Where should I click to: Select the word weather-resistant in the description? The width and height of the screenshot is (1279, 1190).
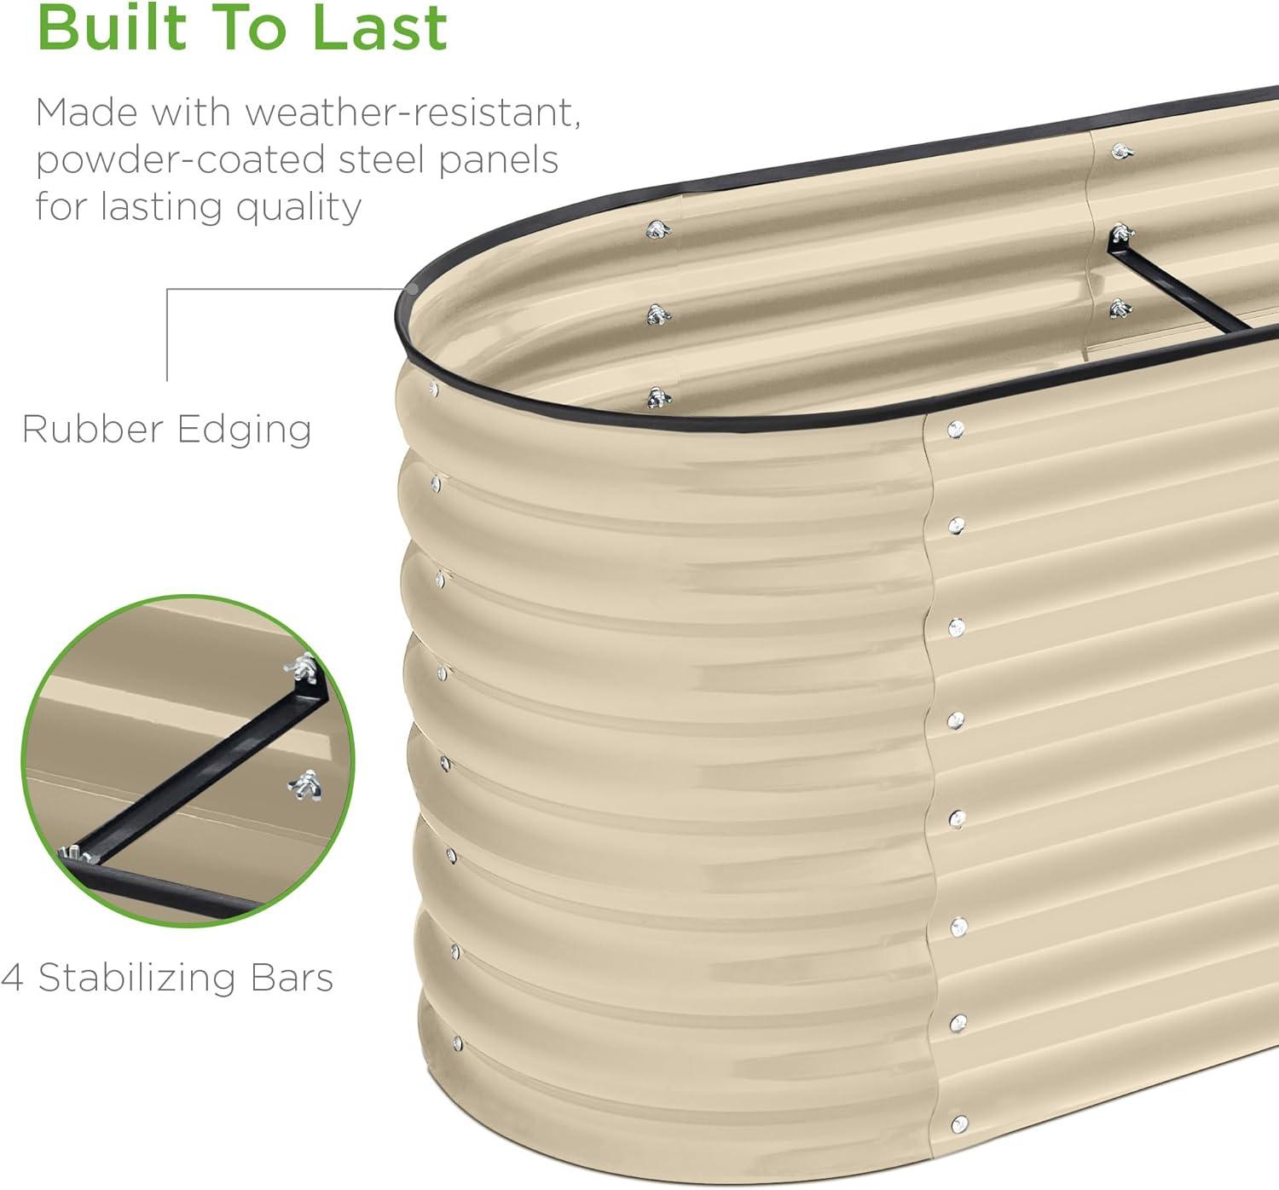pos(413,113)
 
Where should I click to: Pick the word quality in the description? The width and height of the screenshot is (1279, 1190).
pos(298,208)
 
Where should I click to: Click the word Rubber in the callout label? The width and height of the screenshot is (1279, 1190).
pos(93,429)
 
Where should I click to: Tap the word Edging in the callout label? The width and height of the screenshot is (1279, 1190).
pos(244,430)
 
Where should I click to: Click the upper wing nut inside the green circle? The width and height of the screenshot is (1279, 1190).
pos(301,668)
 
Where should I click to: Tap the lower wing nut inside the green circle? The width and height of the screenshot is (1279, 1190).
pos(304,785)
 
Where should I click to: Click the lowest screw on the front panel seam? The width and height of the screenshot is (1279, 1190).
pos(959,1124)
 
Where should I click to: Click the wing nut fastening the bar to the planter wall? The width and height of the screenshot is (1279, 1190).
pos(1122,233)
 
